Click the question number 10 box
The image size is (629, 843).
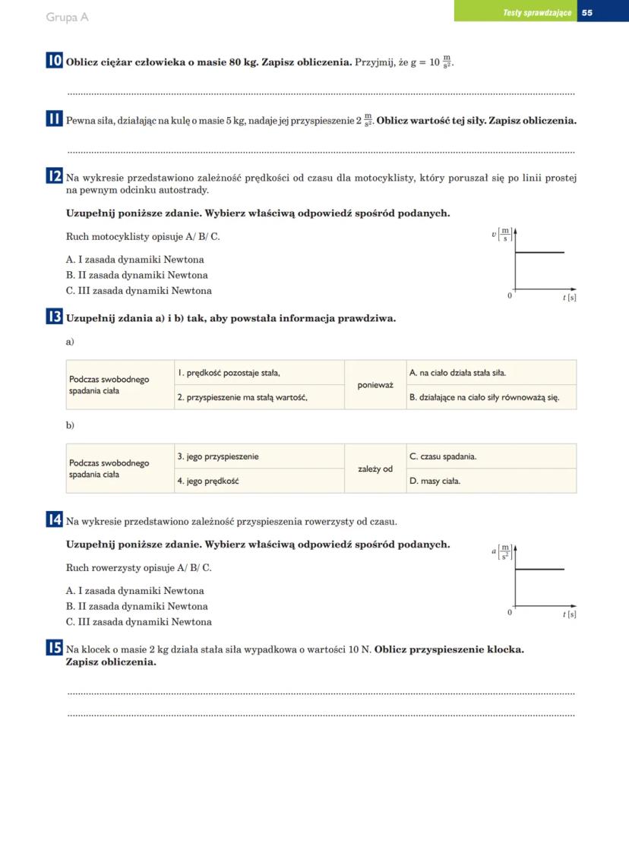[x=54, y=62]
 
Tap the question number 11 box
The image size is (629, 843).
[x=54, y=120]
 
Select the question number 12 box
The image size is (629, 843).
[x=54, y=178]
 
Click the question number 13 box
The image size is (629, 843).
[x=54, y=317]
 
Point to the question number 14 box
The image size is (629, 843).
[x=54, y=520]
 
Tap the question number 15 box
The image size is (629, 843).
[x=54, y=648]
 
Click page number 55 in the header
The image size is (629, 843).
[x=587, y=13]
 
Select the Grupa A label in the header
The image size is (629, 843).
[x=67, y=17]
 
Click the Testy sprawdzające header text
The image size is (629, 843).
[x=537, y=13]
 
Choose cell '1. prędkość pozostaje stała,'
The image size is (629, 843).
[x=260, y=373]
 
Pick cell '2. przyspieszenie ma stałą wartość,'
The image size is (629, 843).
[x=260, y=397]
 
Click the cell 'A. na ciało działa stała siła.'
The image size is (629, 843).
[x=492, y=373]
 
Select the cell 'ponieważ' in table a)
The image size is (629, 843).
[x=375, y=385]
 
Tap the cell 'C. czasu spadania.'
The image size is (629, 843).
[x=492, y=456]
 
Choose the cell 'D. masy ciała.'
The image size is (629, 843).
[x=492, y=481]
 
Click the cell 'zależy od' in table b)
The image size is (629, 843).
[x=375, y=469]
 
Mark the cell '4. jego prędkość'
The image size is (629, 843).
[x=260, y=481]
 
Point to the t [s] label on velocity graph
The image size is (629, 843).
[x=569, y=298]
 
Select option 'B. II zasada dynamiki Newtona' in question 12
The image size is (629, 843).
[x=137, y=275]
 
